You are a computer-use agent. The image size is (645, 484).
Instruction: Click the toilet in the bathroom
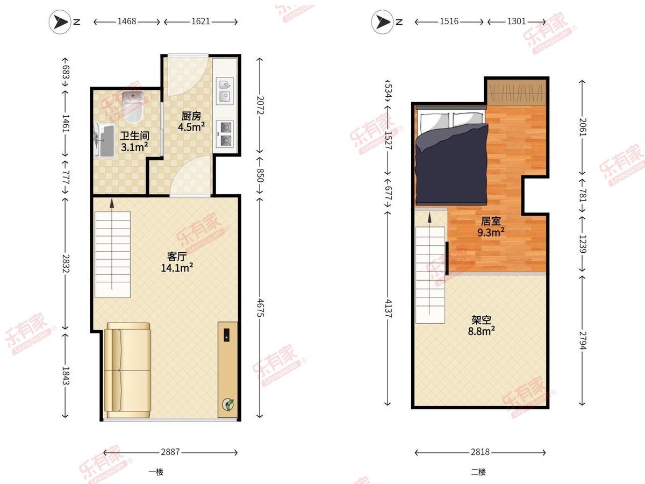click(x=133, y=106)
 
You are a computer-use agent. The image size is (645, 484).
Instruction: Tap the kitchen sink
click(x=225, y=91)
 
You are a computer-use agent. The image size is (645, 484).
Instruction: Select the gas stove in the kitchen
click(x=225, y=134)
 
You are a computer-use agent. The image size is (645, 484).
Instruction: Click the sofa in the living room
click(x=127, y=370)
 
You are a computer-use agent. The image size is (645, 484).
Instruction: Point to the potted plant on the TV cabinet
click(x=228, y=404)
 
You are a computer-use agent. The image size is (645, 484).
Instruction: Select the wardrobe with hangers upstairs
click(x=517, y=93)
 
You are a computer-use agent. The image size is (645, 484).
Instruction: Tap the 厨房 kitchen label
click(x=191, y=116)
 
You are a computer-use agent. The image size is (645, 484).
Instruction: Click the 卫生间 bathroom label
click(x=134, y=136)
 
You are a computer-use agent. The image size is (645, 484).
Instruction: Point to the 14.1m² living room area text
click(x=177, y=268)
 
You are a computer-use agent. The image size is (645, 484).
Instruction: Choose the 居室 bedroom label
click(x=491, y=221)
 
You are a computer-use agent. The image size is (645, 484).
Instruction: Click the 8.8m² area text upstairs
click(x=481, y=331)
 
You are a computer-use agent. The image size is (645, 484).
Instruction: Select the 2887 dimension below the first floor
click(x=170, y=452)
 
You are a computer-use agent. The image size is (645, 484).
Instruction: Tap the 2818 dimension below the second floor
click(x=480, y=452)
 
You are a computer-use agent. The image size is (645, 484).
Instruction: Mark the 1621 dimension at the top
click(x=200, y=22)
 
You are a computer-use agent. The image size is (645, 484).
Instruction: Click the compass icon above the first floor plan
click(x=60, y=22)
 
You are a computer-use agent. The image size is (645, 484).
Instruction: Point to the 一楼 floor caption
click(x=156, y=472)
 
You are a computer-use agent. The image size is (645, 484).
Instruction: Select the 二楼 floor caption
click(x=478, y=472)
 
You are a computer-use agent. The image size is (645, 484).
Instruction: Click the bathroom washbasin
click(x=104, y=140)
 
